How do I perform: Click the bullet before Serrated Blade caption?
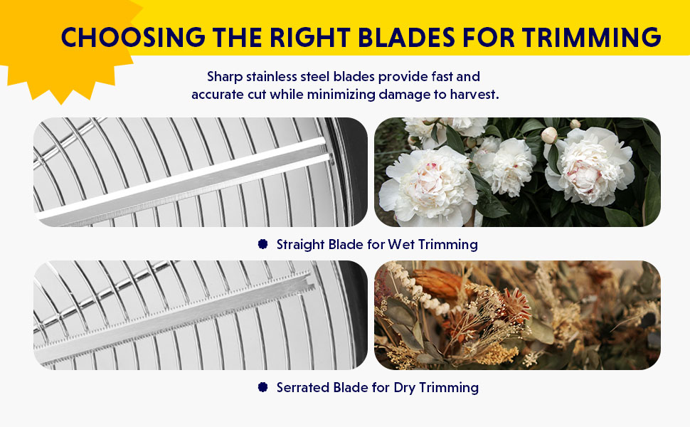[262, 388]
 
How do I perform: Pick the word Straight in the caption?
[301, 245]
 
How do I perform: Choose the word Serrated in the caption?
[302, 388]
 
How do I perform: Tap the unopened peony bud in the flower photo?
[548, 135]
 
